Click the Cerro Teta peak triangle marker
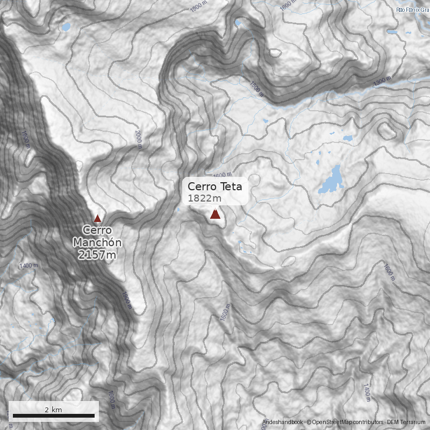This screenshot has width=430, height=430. point(215,214)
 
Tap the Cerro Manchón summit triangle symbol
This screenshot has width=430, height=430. point(97,219)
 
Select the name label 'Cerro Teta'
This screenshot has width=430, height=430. point(214,187)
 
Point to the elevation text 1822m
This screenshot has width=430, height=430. point(205,198)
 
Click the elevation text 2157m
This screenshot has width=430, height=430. point(97,255)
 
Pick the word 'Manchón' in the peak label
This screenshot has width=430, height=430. point(97,242)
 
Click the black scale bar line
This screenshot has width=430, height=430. point(54,415)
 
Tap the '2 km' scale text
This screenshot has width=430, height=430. point(53,410)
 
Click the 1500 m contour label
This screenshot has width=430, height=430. point(257,89)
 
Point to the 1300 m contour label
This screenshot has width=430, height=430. point(382,81)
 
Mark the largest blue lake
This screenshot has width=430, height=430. point(332,180)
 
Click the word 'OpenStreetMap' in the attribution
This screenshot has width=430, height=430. point(333,422)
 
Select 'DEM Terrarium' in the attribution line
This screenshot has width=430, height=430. point(406,422)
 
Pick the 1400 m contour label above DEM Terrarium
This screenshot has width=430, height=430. point(366,392)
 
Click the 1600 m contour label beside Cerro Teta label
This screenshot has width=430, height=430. point(222,175)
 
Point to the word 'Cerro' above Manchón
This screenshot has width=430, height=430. point(97,231)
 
